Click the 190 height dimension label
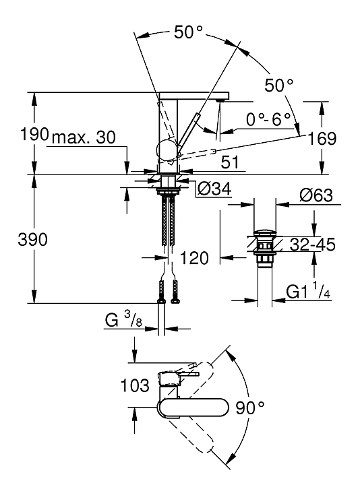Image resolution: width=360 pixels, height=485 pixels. [34, 134]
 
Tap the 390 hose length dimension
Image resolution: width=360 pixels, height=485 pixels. [33, 240]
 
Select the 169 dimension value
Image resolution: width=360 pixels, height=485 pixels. [322, 138]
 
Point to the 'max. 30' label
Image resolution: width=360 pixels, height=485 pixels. [84, 137]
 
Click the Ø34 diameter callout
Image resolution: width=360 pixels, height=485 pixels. [214, 189]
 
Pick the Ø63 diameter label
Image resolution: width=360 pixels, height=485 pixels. [316, 195]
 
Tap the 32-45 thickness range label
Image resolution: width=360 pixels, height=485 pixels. [312, 245]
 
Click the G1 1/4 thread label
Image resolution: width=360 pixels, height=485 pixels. [308, 292]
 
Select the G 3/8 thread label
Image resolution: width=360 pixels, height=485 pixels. [123, 319]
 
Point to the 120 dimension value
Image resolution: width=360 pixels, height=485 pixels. [194, 258]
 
